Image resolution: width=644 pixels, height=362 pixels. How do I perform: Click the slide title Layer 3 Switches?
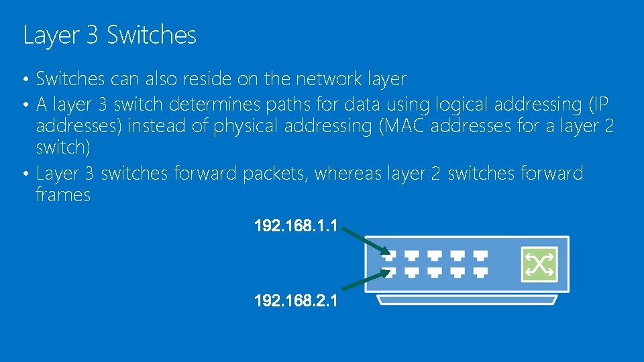[109, 35]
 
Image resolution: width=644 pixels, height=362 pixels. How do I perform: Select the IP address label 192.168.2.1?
[295, 302]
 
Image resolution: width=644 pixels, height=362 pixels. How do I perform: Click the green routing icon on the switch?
[539, 264]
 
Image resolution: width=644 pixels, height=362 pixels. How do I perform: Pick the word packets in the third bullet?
[275, 174]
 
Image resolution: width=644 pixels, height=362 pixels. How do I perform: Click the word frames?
[63, 195]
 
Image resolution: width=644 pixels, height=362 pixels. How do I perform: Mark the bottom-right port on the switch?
[480, 272]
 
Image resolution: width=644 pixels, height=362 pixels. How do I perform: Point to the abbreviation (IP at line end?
[598, 105]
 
